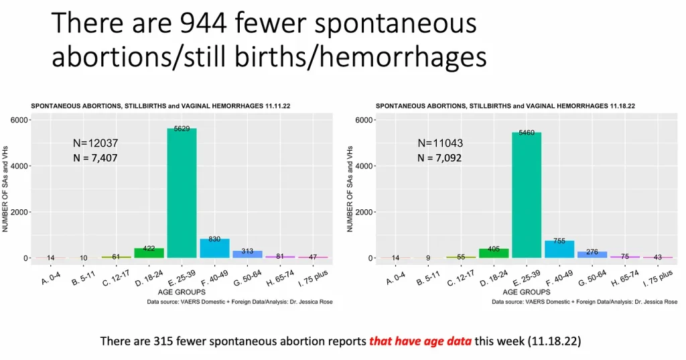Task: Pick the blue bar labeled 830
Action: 214,248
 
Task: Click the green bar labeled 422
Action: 149,253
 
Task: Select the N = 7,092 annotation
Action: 439,158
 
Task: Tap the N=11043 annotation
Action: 439,143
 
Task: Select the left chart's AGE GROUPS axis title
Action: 182,292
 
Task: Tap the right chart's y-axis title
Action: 350,190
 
